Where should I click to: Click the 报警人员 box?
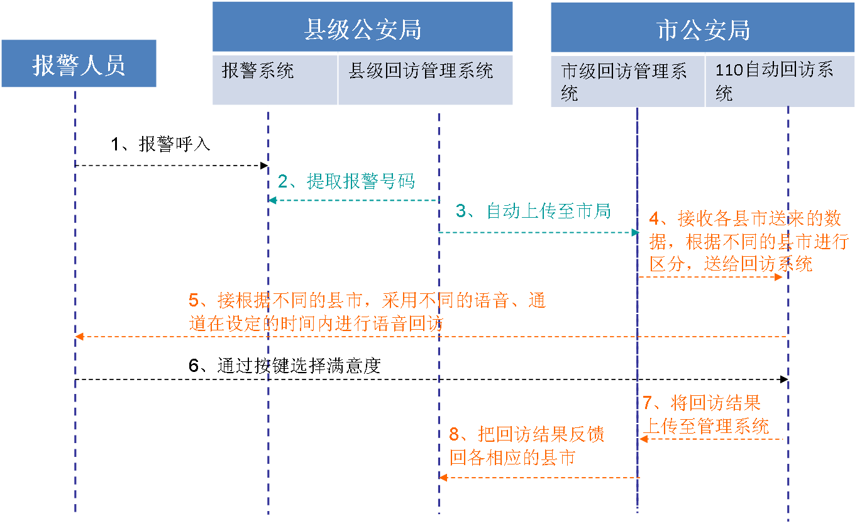pyautogui.click(x=79, y=64)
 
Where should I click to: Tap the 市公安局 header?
pyautogui.click(x=702, y=29)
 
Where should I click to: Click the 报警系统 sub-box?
pyautogui.click(x=275, y=79)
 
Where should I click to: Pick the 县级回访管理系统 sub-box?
pyautogui.click(x=426, y=79)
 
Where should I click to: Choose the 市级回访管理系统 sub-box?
pyautogui.click(x=627, y=81)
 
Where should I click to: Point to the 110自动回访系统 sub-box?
pyautogui.click(x=780, y=81)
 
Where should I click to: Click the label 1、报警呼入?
pyautogui.click(x=160, y=144)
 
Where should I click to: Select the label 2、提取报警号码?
pyautogui.click(x=346, y=181)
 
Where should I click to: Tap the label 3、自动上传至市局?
pyautogui.click(x=533, y=211)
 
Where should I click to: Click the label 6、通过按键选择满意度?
pyautogui.click(x=285, y=365)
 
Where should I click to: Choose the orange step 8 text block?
pyautogui.click(x=527, y=446)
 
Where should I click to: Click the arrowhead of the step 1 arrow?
pyautogui.click(x=265, y=166)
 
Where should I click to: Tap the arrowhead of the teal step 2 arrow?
pyautogui.click(x=272, y=200)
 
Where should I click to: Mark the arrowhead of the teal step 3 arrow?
pyautogui.click(x=634, y=233)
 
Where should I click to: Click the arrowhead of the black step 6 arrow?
pyautogui.click(x=784, y=380)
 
